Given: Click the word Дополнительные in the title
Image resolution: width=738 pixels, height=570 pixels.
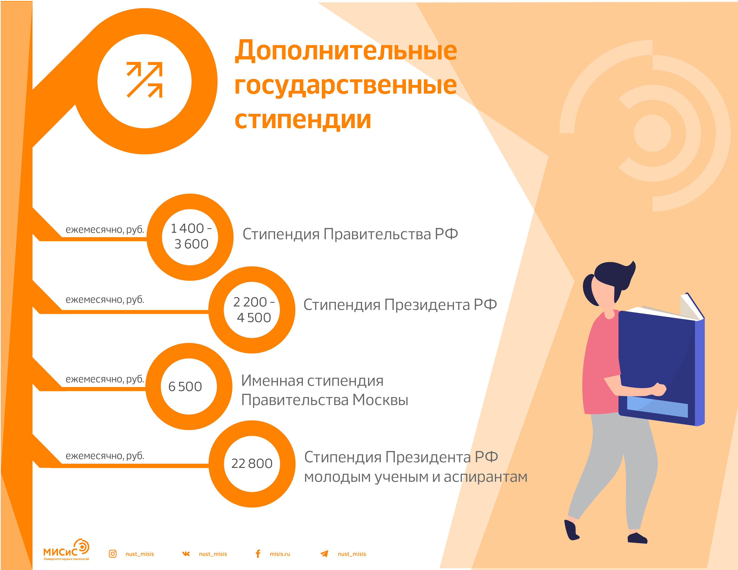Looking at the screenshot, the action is click(x=346, y=50).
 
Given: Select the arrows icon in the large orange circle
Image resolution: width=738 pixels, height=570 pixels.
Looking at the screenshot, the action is click(x=145, y=80).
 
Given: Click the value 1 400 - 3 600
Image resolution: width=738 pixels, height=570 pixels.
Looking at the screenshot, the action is click(x=191, y=236).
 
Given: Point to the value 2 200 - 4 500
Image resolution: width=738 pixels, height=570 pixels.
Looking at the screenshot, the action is click(x=254, y=309).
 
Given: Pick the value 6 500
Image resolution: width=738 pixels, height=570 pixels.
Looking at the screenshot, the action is click(x=185, y=386).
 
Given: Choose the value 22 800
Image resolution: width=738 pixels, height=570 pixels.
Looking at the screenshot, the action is click(x=252, y=463).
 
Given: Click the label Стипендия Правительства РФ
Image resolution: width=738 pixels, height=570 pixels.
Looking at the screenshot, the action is click(x=350, y=234).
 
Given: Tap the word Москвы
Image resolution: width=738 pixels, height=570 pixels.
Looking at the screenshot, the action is click(x=381, y=400).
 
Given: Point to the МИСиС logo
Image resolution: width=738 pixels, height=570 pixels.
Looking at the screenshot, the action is click(x=66, y=550).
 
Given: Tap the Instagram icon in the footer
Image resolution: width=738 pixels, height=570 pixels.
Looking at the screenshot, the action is click(x=113, y=554).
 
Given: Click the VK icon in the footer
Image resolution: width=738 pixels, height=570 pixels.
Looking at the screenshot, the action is click(x=186, y=554).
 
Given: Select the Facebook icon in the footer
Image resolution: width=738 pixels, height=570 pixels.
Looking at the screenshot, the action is click(x=258, y=554).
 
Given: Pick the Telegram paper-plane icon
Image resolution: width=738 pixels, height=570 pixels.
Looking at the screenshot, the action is click(x=324, y=554).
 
